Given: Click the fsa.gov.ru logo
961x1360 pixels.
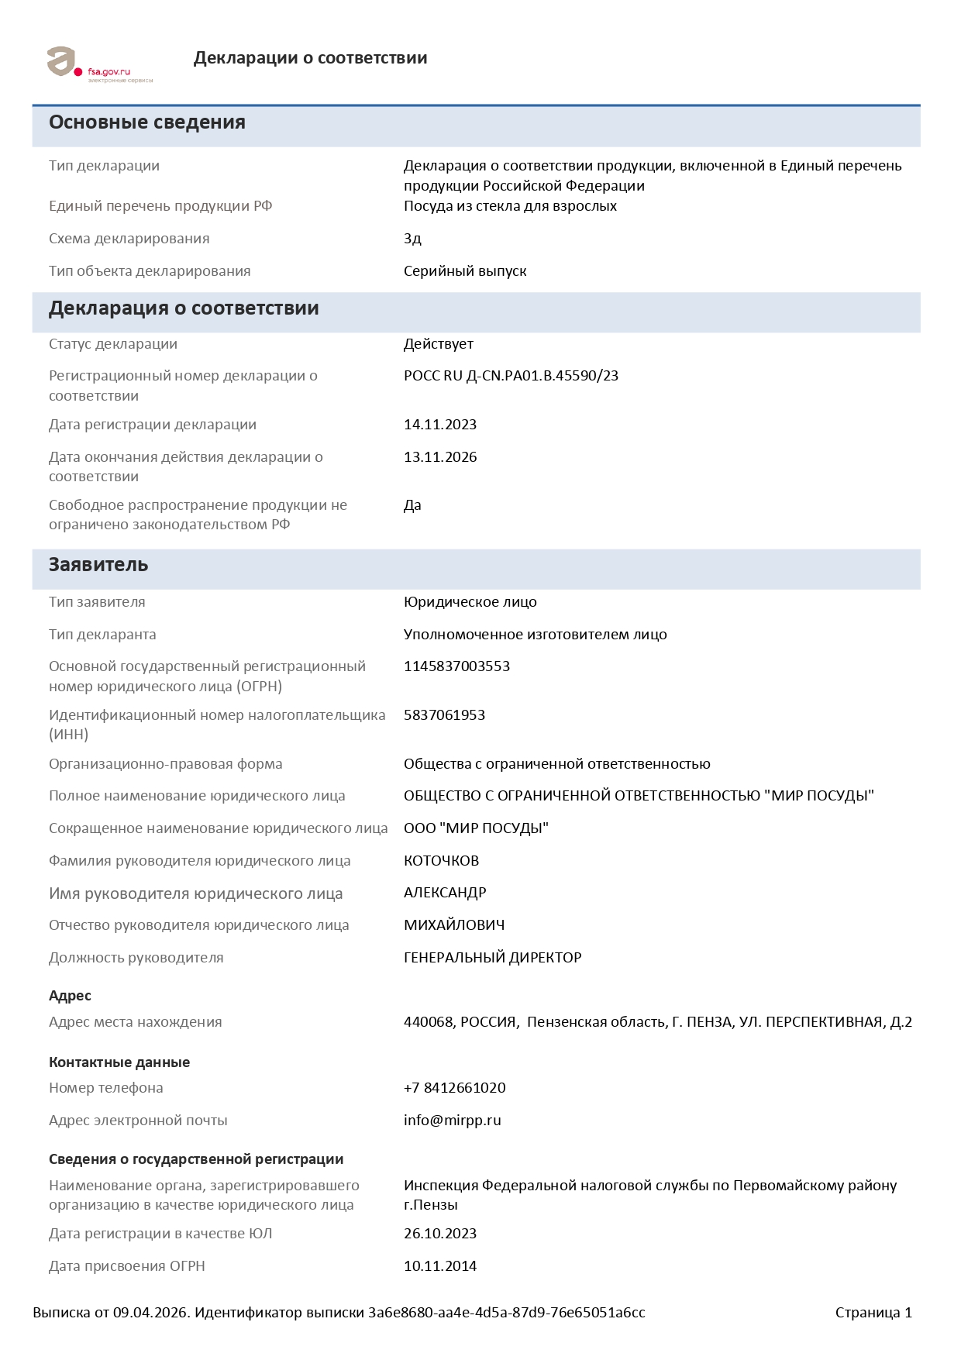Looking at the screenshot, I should point(99,64).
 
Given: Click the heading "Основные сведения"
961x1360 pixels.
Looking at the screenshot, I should point(147,122).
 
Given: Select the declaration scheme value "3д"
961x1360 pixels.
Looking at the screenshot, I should point(412,239).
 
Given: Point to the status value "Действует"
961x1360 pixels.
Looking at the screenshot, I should point(438,344).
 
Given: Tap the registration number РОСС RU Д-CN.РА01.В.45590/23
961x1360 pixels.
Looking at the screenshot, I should point(511,376).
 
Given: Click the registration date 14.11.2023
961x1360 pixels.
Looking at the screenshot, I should point(439,425).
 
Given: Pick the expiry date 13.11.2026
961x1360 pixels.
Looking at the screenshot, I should point(439,457).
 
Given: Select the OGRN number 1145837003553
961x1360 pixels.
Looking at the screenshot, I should point(456,666).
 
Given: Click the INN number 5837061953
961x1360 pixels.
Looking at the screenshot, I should point(444,715).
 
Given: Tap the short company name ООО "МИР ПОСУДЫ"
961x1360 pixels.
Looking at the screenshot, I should point(476,828).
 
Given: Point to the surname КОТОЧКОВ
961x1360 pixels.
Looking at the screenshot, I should point(441,861).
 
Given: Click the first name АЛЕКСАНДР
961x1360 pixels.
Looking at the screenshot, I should point(445,893).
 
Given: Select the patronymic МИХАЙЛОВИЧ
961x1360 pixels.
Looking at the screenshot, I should point(453,925).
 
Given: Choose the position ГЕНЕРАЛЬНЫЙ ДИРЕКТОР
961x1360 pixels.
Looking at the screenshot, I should point(492,958).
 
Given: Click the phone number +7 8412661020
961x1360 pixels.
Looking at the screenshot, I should point(454,1088).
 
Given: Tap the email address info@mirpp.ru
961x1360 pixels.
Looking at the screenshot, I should point(452,1121).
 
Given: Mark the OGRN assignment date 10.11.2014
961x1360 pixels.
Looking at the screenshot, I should point(439,1266).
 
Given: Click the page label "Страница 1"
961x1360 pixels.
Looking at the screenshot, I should point(873,1313).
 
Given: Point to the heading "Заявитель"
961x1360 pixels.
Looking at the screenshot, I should point(98,565).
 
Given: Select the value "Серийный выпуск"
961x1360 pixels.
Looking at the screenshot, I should point(465,271).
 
